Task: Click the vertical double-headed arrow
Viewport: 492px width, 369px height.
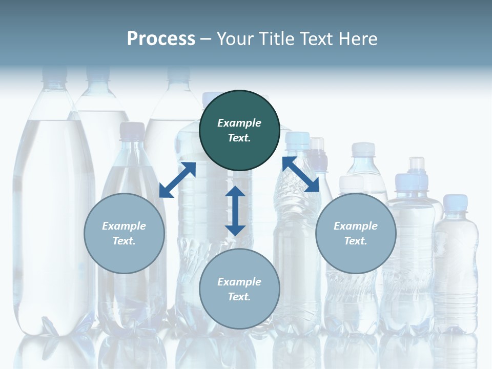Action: (x=235, y=211)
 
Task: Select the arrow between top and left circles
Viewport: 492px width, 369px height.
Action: (x=177, y=180)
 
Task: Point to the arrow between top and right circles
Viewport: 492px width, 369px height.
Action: (x=300, y=174)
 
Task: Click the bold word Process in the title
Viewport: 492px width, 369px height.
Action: (x=161, y=39)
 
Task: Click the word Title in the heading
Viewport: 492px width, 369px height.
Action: (x=276, y=39)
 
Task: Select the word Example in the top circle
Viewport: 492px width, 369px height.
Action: (x=239, y=123)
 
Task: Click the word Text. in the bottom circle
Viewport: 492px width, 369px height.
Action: (x=239, y=297)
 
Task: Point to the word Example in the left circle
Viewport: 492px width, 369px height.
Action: (x=124, y=226)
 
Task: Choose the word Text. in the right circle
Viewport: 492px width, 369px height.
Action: (x=356, y=241)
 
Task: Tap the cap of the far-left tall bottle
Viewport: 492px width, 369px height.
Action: (x=54, y=74)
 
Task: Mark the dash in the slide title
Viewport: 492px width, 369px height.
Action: (x=206, y=39)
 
